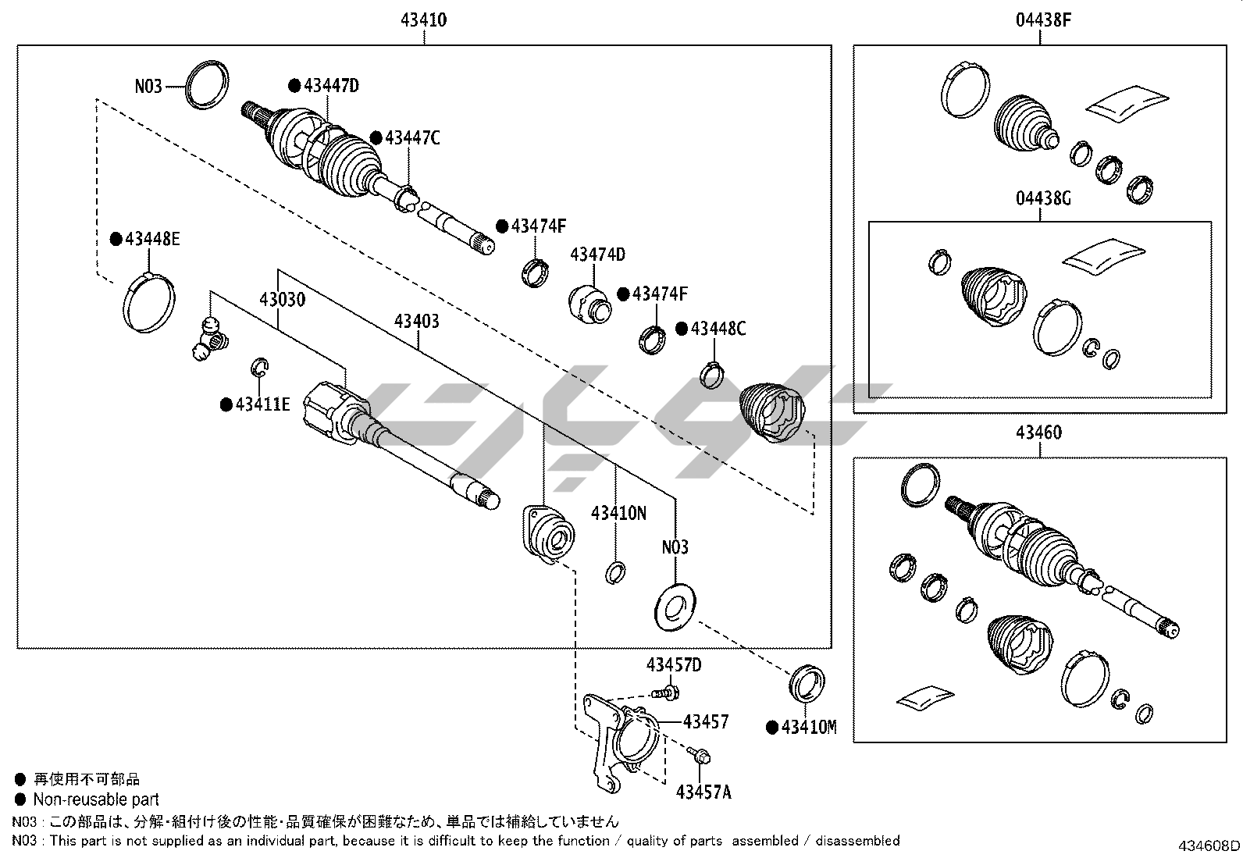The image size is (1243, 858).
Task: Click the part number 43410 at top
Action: (x=423, y=20)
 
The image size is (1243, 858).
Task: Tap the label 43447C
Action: (x=412, y=138)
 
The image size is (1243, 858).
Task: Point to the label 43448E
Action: (x=151, y=239)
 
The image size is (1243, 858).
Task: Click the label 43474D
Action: (x=597, y=255)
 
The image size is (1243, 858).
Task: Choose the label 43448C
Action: (x=718, y=329)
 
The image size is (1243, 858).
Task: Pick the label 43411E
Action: (x=262, y=404)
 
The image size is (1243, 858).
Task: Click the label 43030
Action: (x=283, y=300)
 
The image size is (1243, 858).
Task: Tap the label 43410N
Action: (x=618, y=513)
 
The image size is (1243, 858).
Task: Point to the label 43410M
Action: (x=809, y=728)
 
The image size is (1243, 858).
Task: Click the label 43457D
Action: (x=674, y=665)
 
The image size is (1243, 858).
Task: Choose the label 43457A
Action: (x=703, y=792)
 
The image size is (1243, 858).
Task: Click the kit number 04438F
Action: (x=1043, y=20)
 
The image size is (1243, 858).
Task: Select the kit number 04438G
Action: (x=1043, y=198)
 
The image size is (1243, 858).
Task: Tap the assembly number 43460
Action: (x=1039, y=432)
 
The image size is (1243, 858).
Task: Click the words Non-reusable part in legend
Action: (x=95, y=799)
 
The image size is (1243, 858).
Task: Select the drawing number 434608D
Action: (x=1209, y=846)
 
